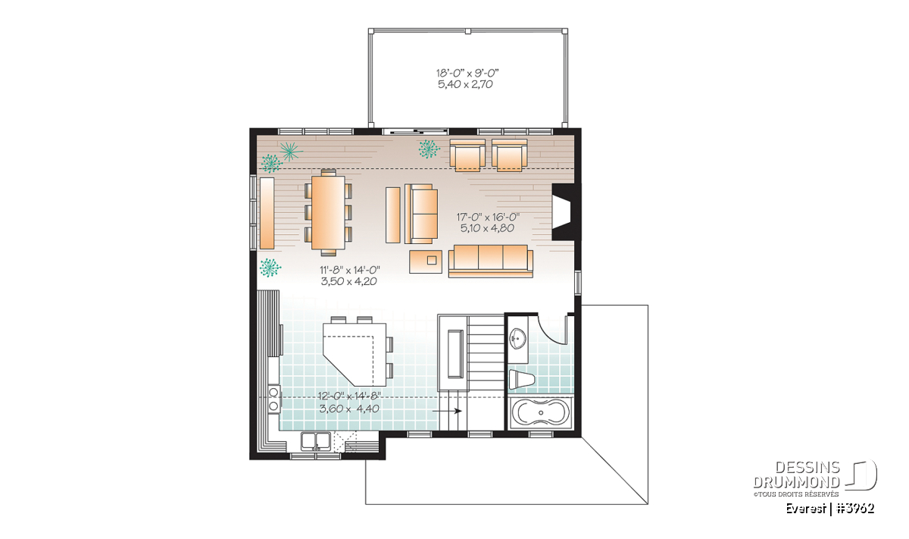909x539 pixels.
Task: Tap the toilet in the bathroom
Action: tap(522, 380)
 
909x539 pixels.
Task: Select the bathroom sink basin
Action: tap(518, 338)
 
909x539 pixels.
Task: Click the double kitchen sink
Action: tap(315, 442)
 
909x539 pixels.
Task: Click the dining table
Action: tap(328, 212)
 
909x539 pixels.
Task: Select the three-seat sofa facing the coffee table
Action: tap(491, 262)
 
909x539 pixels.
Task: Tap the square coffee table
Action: tap(426, 262)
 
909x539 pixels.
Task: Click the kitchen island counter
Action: tap(355, 354)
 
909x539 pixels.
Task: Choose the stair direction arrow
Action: tap(447, 411)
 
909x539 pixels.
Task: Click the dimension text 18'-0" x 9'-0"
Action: tap(467, 73)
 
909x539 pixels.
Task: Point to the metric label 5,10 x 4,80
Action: tap(487, 228)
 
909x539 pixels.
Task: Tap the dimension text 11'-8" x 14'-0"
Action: tap(349, 270)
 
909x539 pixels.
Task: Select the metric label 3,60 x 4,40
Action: tap(349, 409)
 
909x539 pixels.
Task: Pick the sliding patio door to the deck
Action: tap(416, 131)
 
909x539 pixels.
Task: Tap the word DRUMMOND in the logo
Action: tap(797, 483)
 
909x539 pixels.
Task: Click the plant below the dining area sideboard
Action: tap(270, 268)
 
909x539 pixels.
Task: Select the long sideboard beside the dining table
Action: tap(267, 213)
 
